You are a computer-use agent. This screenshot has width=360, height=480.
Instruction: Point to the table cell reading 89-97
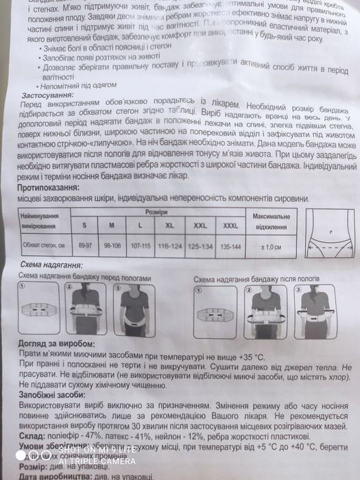pyautogui.click(x=84, y=245)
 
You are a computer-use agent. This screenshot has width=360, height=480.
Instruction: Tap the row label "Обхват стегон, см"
pyautogui.click(x=42, y=245)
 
